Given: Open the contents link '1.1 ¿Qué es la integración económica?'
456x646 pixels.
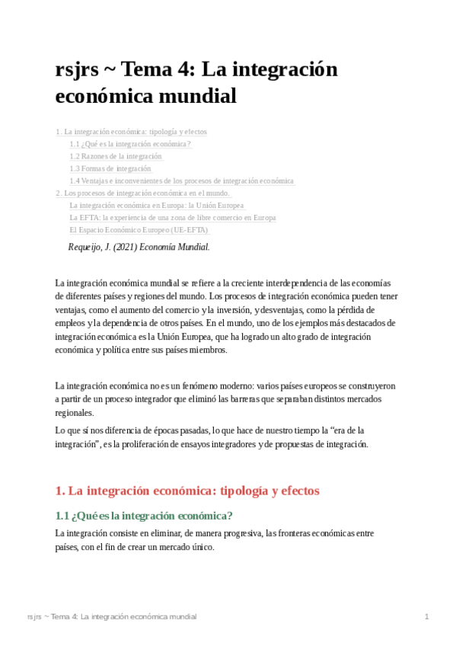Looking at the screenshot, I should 130,144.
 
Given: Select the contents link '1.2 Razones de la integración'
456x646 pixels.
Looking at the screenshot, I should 116,156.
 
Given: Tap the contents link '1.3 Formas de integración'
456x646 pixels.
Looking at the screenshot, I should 110,168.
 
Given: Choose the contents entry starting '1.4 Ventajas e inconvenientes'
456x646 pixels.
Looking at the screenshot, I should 181,181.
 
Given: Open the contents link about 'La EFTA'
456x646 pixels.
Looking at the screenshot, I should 172,217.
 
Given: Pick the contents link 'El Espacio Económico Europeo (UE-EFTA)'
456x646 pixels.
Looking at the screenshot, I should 139,229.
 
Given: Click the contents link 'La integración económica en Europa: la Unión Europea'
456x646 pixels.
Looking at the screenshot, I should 157,205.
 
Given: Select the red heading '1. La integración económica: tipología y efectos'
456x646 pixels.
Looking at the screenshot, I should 187,491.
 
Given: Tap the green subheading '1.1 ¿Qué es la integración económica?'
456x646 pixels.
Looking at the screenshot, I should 144,516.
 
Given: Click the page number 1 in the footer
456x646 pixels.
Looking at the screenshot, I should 427,616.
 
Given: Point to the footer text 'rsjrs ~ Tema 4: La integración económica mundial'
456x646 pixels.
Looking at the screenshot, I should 111,616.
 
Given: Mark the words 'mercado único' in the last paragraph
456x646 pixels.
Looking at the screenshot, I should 189,547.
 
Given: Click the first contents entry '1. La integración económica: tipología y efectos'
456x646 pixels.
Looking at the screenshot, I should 131,132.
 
